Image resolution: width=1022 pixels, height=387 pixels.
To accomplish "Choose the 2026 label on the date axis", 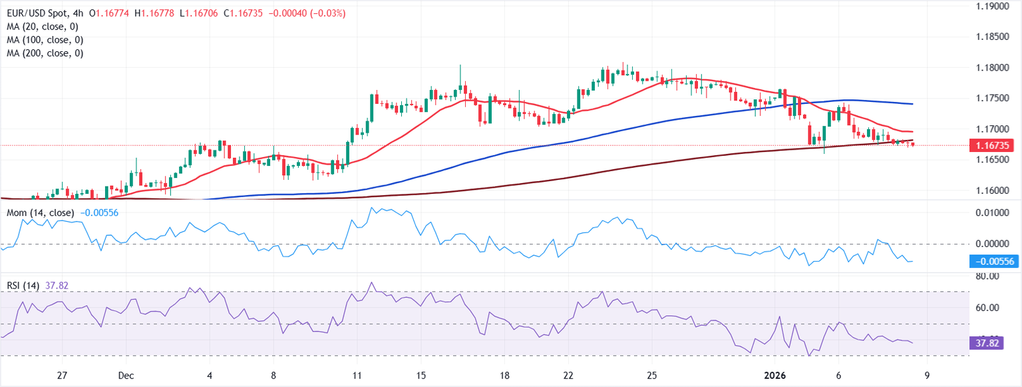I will tap(772, 376).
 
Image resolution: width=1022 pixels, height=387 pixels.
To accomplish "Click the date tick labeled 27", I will tap(62, 376).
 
